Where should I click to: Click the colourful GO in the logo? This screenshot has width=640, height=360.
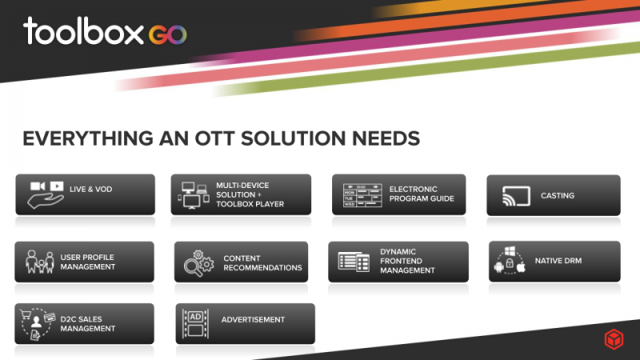pos(168,34)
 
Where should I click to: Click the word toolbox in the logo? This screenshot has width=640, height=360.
pos(84,30)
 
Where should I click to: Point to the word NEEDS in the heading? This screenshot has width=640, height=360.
pos(386,138)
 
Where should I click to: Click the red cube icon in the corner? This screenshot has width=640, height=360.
pos(614,339)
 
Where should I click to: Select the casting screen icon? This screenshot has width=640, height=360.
pos(516,196)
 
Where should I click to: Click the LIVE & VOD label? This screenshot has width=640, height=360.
pos(90,190)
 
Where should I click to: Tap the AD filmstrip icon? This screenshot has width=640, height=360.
pos(195,323)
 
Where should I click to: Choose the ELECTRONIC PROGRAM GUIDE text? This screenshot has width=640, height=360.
pos(422,194)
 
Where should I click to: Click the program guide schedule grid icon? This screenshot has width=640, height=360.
pos(362,195)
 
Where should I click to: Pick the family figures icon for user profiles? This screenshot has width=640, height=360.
pos(39,262)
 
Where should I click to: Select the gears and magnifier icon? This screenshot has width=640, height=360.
pos(198,263)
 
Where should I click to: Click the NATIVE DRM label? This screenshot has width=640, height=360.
pos(558,261)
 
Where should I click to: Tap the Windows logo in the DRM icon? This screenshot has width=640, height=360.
pos(510,250)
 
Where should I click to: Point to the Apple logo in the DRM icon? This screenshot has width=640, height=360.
pos(521,267)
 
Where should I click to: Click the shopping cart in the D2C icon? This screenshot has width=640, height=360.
pos(26,314)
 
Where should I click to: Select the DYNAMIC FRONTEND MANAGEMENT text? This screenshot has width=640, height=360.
pos(407,262)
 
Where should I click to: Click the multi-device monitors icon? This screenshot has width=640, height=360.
pos(194,195)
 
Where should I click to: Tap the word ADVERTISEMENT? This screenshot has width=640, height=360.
pos(253,319)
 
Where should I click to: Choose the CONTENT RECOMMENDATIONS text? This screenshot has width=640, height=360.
pos(262,263)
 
